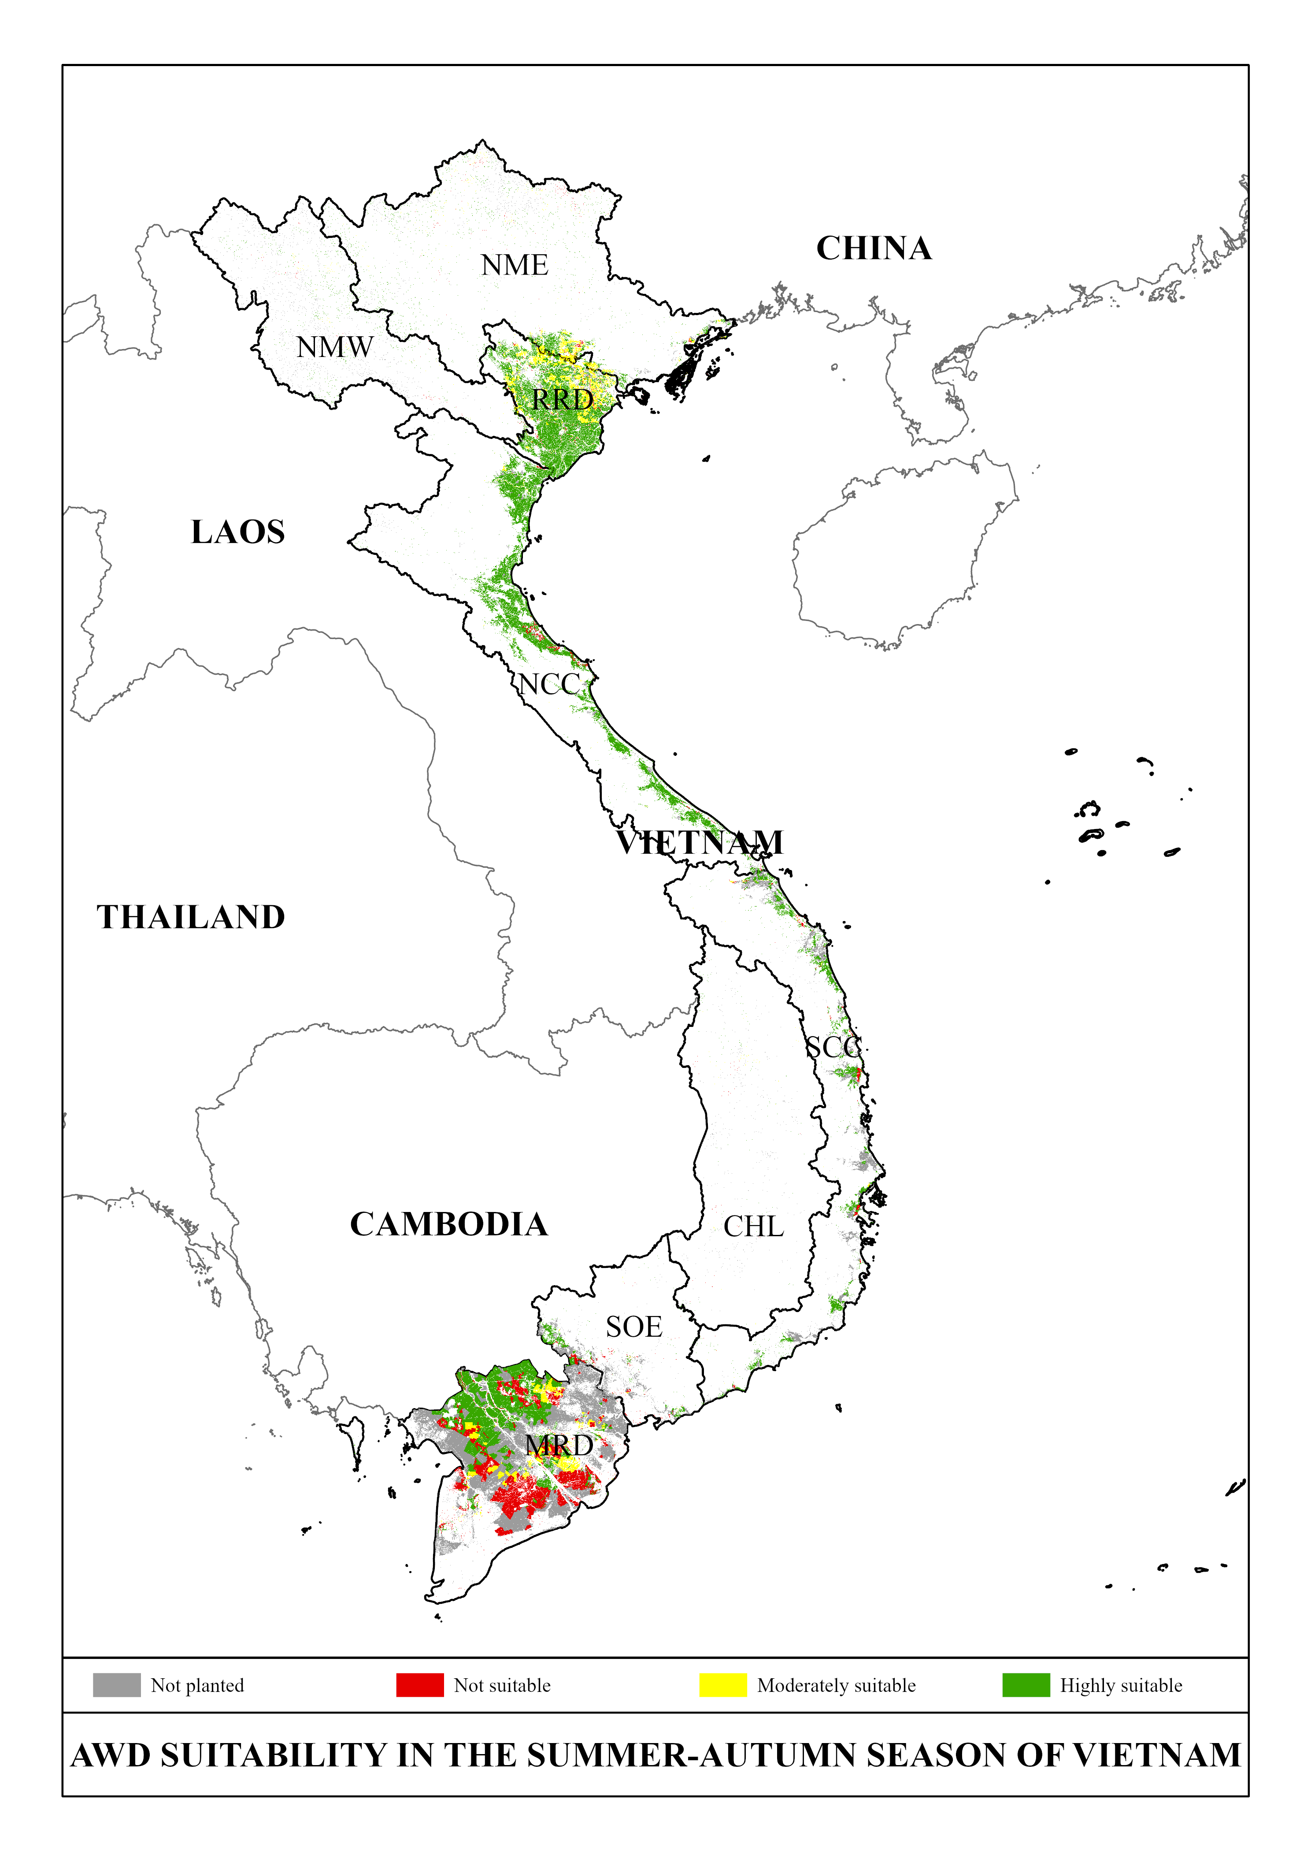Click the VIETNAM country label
point(700,843)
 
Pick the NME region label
point(515,265)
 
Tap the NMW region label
point(334,347)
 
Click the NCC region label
point(549,684)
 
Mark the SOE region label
point(634,1327)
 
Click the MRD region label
point(559,1446)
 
